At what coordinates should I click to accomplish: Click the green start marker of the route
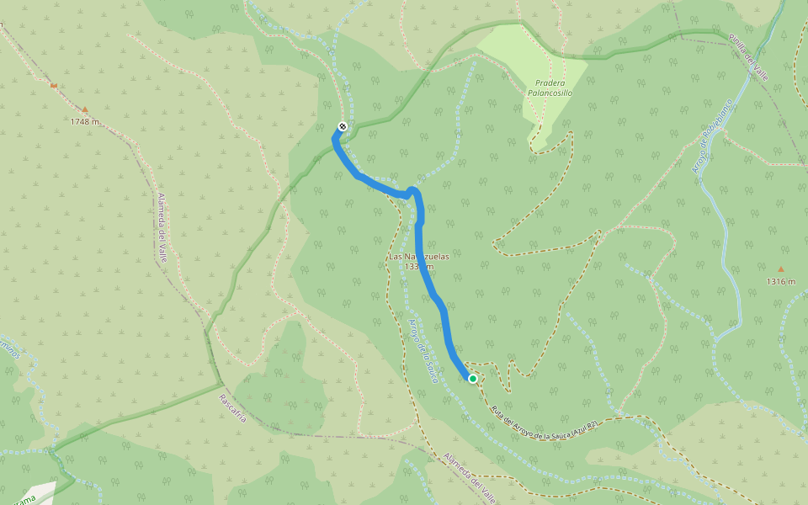[473, 379]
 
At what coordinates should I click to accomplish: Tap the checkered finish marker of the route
[342, 126]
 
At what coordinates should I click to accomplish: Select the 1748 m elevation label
[85, 122]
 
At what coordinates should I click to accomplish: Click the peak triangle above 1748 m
[85, 109]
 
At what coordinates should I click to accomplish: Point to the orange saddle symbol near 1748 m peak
[54, 85]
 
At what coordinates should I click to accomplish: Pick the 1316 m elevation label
[780, 282]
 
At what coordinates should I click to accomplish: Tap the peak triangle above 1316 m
[780, 269]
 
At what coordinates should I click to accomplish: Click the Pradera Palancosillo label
[550, 88]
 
